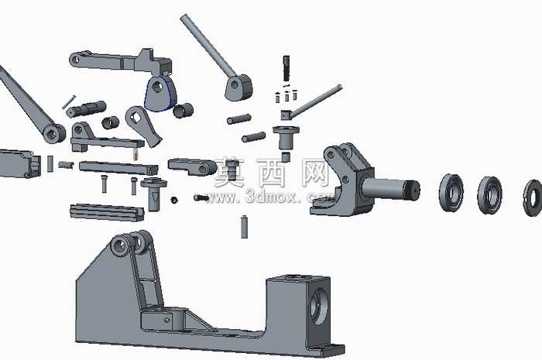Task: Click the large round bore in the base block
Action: [x=318, y=305]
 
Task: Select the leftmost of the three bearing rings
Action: [x=451, y=192]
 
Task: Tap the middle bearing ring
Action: [x=490, y=194]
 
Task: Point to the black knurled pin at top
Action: [x=286, y=68]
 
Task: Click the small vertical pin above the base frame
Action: [x=245, y=226]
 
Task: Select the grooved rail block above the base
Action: [x=107, y=212]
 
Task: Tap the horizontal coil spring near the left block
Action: [x=66, y=165]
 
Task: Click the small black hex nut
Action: [x=174, y=200]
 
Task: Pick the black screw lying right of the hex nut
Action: [x=201, y=198]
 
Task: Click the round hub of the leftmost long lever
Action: [x=53, y=133]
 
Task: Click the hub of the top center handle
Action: [x=238, y=87]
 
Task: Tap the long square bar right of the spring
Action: [x=118, y=168]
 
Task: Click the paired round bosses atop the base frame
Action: [x=130, y=243]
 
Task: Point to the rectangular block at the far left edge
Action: [x=19, y=164]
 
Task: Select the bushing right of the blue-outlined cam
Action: [x=183, y=111]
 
